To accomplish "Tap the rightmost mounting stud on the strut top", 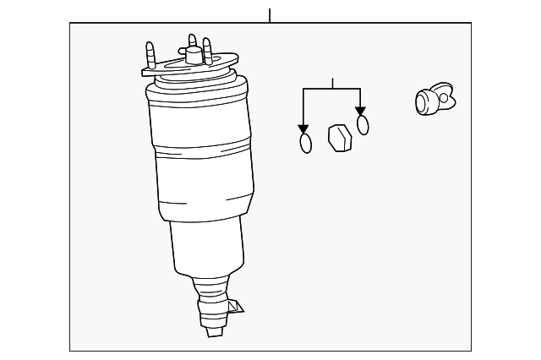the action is point(207,52).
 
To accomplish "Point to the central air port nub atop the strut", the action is point(193,57).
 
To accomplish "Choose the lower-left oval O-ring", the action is point(305,143).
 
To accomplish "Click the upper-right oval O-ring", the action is point(363,125).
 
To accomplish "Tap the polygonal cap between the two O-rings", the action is point(338,137).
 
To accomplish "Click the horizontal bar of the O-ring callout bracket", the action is point(331,89).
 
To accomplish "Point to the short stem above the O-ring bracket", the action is point(332,83).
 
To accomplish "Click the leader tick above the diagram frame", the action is point(270,15).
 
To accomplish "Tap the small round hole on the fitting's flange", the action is point(444,97).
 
